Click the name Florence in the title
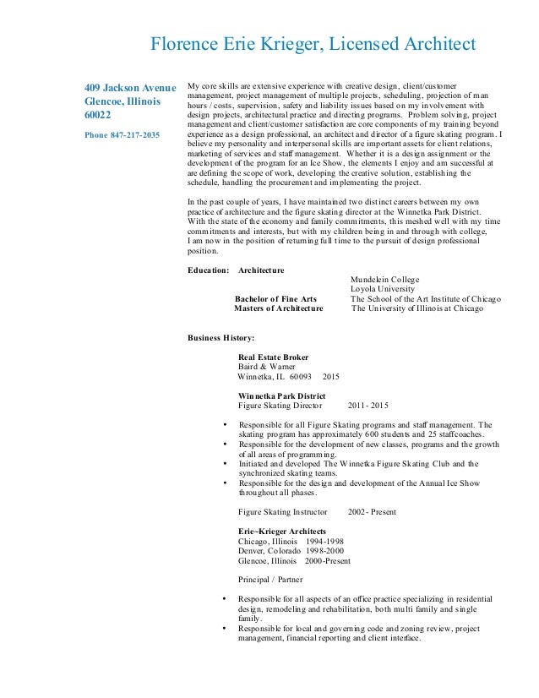point(183,44)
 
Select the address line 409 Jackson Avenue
point(130,87)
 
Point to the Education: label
point(207,270)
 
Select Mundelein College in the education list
point(384,280)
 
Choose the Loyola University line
point(382,290)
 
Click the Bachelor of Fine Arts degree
point(275,299)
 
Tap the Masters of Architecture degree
point(278,309)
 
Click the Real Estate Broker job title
point(273,357)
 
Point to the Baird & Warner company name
point(267,367)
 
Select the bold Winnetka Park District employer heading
point(282,395)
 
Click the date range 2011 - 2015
point(367,406)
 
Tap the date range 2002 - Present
point(373,512)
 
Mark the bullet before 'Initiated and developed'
point(223,463)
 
